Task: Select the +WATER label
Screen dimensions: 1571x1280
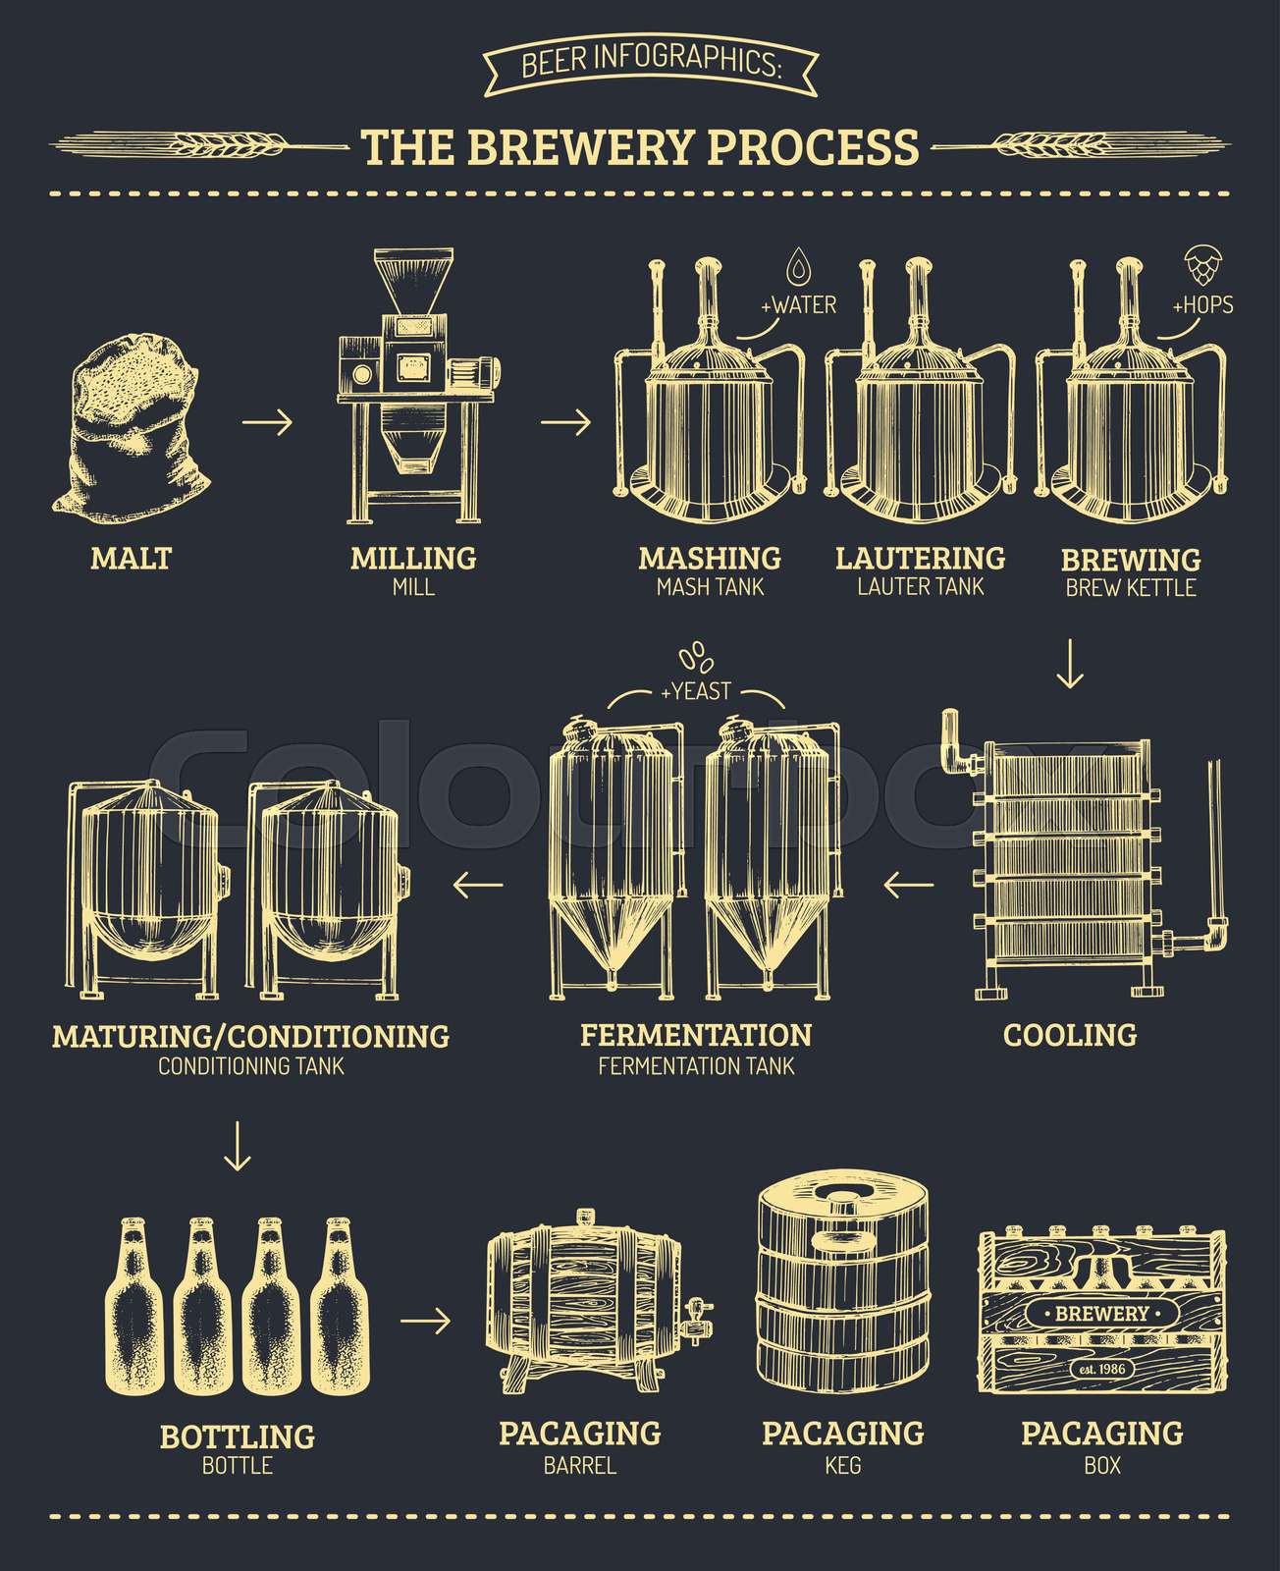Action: tap(798, 305)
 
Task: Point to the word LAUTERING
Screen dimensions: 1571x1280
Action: tap(920, 558)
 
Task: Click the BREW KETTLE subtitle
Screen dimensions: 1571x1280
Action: tap(1131, 588)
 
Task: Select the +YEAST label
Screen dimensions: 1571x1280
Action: tap(695, 691)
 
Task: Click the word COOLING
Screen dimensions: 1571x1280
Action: tap(1070, 1034)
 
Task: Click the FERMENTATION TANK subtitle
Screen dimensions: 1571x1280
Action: tap(696, 1065)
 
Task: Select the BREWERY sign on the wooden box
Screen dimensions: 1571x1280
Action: tap(1102, 1313)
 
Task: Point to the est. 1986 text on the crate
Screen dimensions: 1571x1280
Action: tap(1102, 1369)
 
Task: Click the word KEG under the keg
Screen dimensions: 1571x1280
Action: tap(843, 1465)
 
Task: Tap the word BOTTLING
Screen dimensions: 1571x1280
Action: tap(237, 1436)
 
